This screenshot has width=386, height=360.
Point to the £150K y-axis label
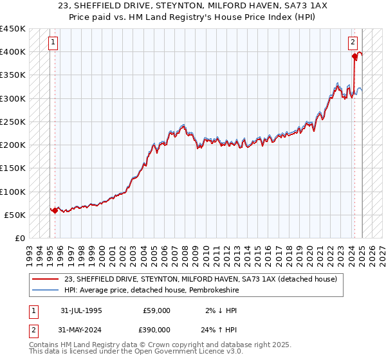click(x=13, y=168)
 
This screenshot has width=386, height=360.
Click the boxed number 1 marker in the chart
click(x=52, y=43)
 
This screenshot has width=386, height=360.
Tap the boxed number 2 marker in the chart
click(x=353, y=43)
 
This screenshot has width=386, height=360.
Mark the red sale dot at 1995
click(x=55, y=210)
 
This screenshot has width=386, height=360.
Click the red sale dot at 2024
click(x=354, y=57)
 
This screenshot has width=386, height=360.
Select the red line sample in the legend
click(x=46, y=279)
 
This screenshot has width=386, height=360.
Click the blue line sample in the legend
click(x=46, y=290)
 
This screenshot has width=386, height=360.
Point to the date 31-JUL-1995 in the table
click(x=81, y=310)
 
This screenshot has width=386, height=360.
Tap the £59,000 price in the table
click(x=156, y=310)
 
